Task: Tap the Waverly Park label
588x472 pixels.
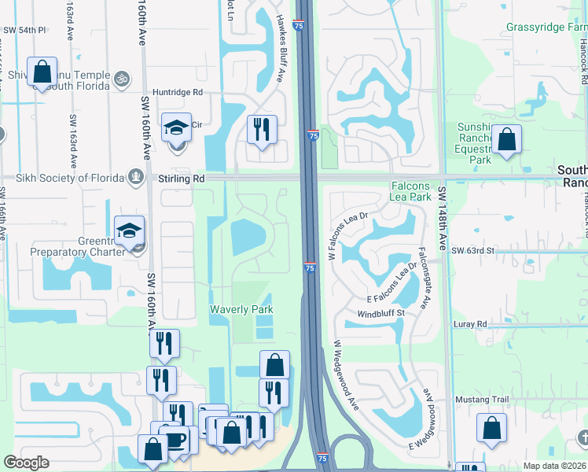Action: click(241, 309)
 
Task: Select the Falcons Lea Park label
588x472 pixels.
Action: click(410, 191)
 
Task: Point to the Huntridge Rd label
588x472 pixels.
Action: click(178, 92)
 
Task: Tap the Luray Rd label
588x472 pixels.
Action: click(470, 323)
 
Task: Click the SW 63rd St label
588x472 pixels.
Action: click(473, 250)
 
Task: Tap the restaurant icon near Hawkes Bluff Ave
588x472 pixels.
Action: click(262, 129)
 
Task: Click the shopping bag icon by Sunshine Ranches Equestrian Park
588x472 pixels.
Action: click(508, 141)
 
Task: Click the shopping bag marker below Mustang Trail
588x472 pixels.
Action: click(491, 428)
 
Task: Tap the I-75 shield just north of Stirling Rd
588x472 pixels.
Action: click(312, 136)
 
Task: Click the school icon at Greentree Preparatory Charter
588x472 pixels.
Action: click(129, 230)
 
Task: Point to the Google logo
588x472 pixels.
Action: click(26, 463)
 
